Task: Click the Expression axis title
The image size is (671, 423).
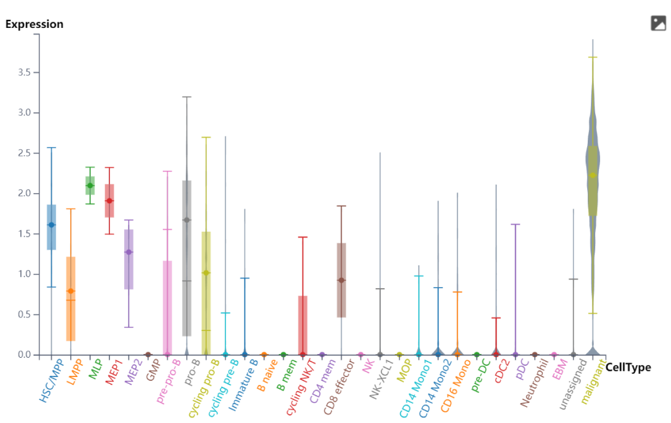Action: click(34, 24)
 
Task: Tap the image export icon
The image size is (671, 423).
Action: click(658, 24)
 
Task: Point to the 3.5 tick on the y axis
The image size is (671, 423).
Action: click(24, 73)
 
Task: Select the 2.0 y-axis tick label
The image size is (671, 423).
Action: click(24, 194)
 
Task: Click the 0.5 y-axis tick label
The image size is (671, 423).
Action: click(24, 314)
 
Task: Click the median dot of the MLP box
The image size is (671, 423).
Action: click(90, 185)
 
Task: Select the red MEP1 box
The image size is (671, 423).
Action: click(109, 200)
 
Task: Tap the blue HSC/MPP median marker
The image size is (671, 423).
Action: click(52, 224)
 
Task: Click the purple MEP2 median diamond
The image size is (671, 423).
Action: click(129, 252)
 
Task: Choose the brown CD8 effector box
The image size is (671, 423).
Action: click(341, 280)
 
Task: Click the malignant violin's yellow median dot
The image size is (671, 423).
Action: click(593, 175)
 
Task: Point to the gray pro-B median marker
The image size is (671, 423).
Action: click(186, 220)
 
